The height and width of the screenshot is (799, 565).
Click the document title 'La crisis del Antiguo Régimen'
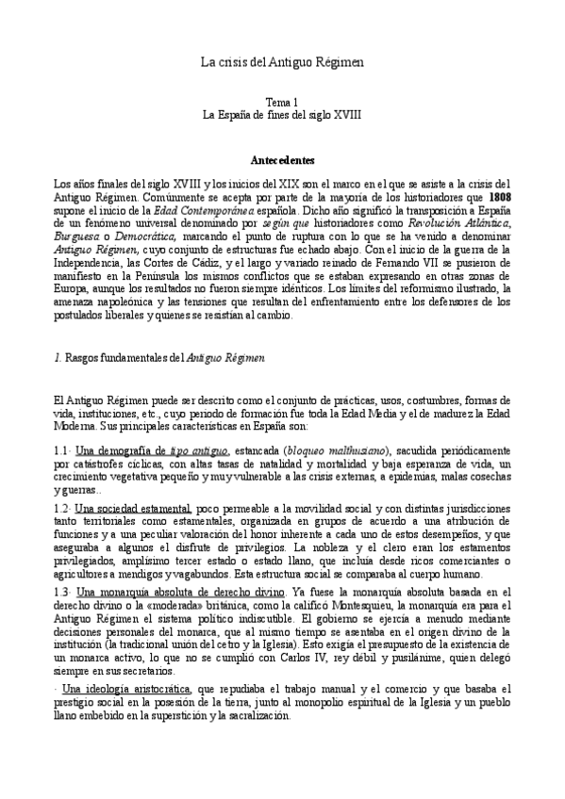point(282,61)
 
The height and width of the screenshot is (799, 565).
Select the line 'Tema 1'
point(282,100)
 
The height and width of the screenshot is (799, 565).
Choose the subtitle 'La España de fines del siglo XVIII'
point(282,113)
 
